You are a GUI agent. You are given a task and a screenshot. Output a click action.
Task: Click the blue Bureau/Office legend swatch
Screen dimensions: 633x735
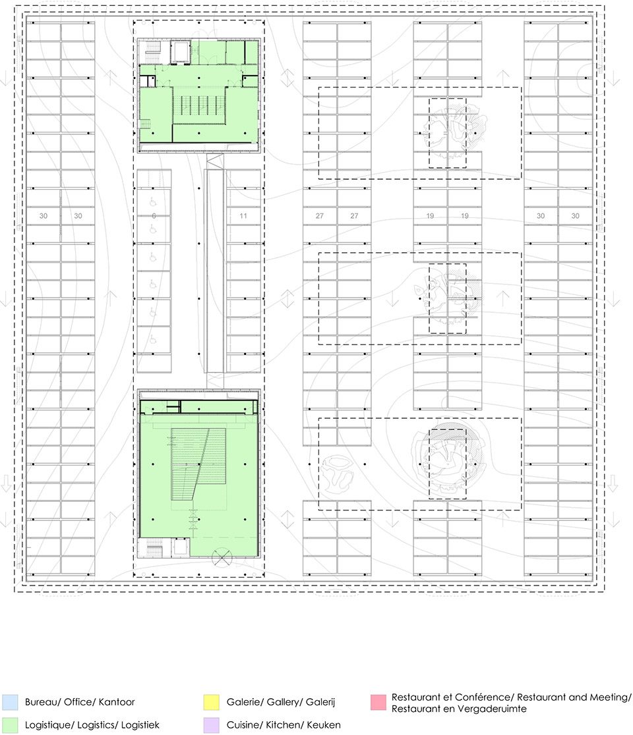[x=10, y=702]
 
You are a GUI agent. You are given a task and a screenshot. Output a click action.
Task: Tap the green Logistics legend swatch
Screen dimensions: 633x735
[x=10, y=725]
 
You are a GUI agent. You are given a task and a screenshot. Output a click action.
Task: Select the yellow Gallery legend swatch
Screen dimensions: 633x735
[x=212, y=702]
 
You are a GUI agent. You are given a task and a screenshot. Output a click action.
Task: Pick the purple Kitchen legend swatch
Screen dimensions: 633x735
[x=212, y=725]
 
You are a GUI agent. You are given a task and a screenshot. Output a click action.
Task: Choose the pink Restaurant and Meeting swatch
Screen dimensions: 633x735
[x=378, y=702]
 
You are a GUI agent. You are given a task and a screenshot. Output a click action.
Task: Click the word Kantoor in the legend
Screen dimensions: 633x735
[x=116, y=702]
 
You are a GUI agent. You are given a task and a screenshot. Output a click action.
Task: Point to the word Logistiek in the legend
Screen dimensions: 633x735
[x=140, y=725]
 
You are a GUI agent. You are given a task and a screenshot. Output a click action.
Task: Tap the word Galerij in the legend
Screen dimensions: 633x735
[x=320, y=702]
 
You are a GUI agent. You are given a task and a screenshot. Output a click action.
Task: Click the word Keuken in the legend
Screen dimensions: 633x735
[x=324, y=725]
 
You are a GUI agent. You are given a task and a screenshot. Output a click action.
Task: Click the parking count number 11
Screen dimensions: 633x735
[x=243, y=216]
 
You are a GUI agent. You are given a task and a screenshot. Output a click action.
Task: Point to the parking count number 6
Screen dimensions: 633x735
[x=154, y=216]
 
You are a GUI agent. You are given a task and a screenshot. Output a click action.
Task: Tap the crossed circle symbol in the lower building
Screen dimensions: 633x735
[x=222, y=557]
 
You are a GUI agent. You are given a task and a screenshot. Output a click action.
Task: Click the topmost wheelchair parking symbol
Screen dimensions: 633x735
[x=153, y=202]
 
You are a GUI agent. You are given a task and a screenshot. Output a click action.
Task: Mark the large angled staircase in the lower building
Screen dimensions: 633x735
[x=198, y=464]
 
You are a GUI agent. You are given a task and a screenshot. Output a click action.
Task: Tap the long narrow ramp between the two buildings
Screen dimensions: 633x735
[x=214, y=271]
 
